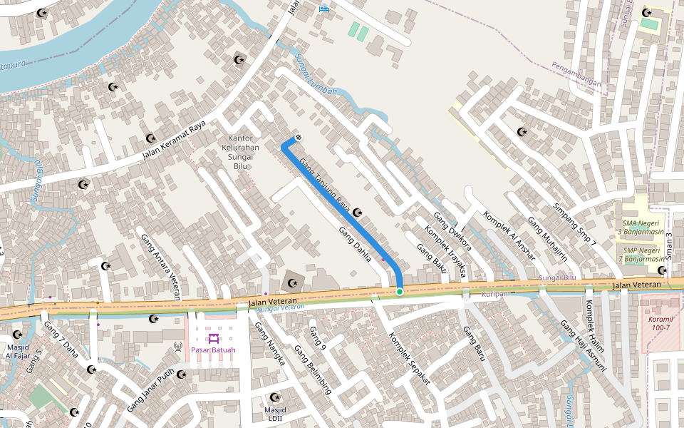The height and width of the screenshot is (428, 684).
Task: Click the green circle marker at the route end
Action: (400, 291)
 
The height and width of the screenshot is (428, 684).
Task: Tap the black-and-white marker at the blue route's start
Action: (299, 137)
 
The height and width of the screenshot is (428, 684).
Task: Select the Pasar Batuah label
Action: (213, 350)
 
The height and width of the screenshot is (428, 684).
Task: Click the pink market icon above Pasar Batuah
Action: (213, 337)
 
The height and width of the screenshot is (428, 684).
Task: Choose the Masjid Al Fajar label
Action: (17, 350)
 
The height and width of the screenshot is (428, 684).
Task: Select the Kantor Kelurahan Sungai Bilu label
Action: (241, 152)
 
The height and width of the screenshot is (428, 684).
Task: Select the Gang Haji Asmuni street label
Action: (582, 345)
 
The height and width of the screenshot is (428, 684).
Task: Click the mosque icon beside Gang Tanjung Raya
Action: (358, 212)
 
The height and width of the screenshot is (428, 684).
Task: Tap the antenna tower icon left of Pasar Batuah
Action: (178, 347)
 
